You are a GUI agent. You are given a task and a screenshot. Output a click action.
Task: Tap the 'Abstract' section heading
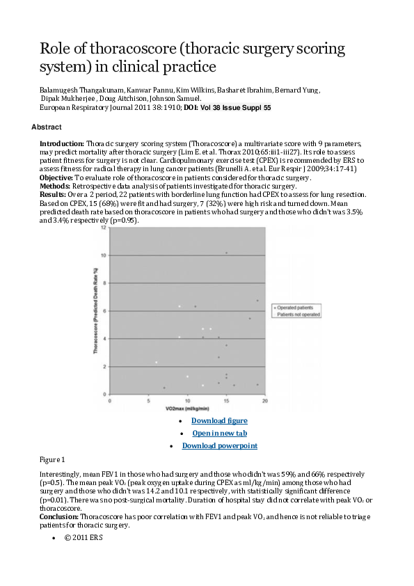point(47,127)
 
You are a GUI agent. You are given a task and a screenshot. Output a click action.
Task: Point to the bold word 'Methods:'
point(56,187)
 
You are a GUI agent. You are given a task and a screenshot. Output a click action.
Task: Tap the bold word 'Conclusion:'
point(59,517)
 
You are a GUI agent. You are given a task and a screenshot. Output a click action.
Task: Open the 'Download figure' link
point(219,420)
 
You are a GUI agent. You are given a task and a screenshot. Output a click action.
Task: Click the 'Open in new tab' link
point(219,433)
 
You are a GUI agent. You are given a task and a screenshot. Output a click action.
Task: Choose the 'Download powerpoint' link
point(219,445)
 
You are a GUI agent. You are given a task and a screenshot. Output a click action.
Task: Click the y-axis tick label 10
point(104,255)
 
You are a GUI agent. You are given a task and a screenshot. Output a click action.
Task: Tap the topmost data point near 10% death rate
point(226,253)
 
